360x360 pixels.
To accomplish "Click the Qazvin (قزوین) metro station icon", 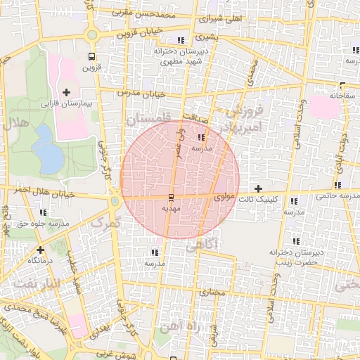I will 91,57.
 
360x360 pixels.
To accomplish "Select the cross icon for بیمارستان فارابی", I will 67,92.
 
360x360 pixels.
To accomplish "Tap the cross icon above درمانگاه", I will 40,249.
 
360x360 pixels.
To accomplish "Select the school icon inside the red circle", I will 203,137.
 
